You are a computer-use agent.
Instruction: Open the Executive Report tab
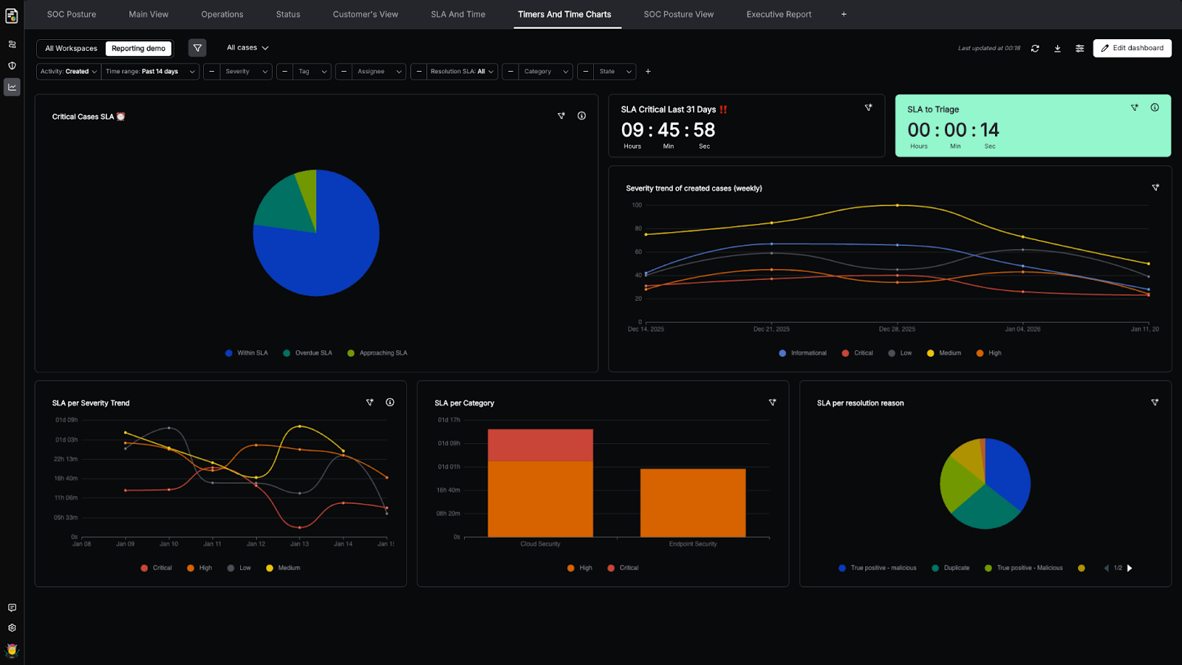(x=779, y=14)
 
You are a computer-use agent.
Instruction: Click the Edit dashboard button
(x=1132, y=48)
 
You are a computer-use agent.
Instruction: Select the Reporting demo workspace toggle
(x=138, y=49)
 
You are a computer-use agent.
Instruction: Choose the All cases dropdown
(x=247, y=48)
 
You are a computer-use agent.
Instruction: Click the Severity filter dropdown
(x=246, y=72)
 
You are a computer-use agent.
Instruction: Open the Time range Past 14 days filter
(x=150, y=72)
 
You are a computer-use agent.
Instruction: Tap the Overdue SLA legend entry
(x=312, y=353)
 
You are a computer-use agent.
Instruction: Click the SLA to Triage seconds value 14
(x=989, y=130)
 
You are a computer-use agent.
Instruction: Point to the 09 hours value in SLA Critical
(x=632, y=130)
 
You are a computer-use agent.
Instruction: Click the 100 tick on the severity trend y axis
(x=637, y=205)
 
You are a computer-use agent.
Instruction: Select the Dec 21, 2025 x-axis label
(x=771, y=330)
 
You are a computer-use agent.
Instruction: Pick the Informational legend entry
(x=808, y=353)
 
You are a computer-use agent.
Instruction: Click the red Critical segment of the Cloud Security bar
(x=540, y=445)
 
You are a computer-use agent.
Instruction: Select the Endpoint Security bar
(x=693, y=502)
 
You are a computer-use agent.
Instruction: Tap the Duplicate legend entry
(x=956, y=568)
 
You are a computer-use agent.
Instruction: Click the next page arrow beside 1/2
(x=1130, y=568)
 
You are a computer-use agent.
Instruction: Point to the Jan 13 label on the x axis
(x=300, y=544)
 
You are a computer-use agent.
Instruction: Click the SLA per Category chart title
(x=464, y=403)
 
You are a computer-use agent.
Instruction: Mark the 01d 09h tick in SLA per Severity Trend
(x=66, y=420)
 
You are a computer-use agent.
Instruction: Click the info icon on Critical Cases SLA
(x=581, y=116)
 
